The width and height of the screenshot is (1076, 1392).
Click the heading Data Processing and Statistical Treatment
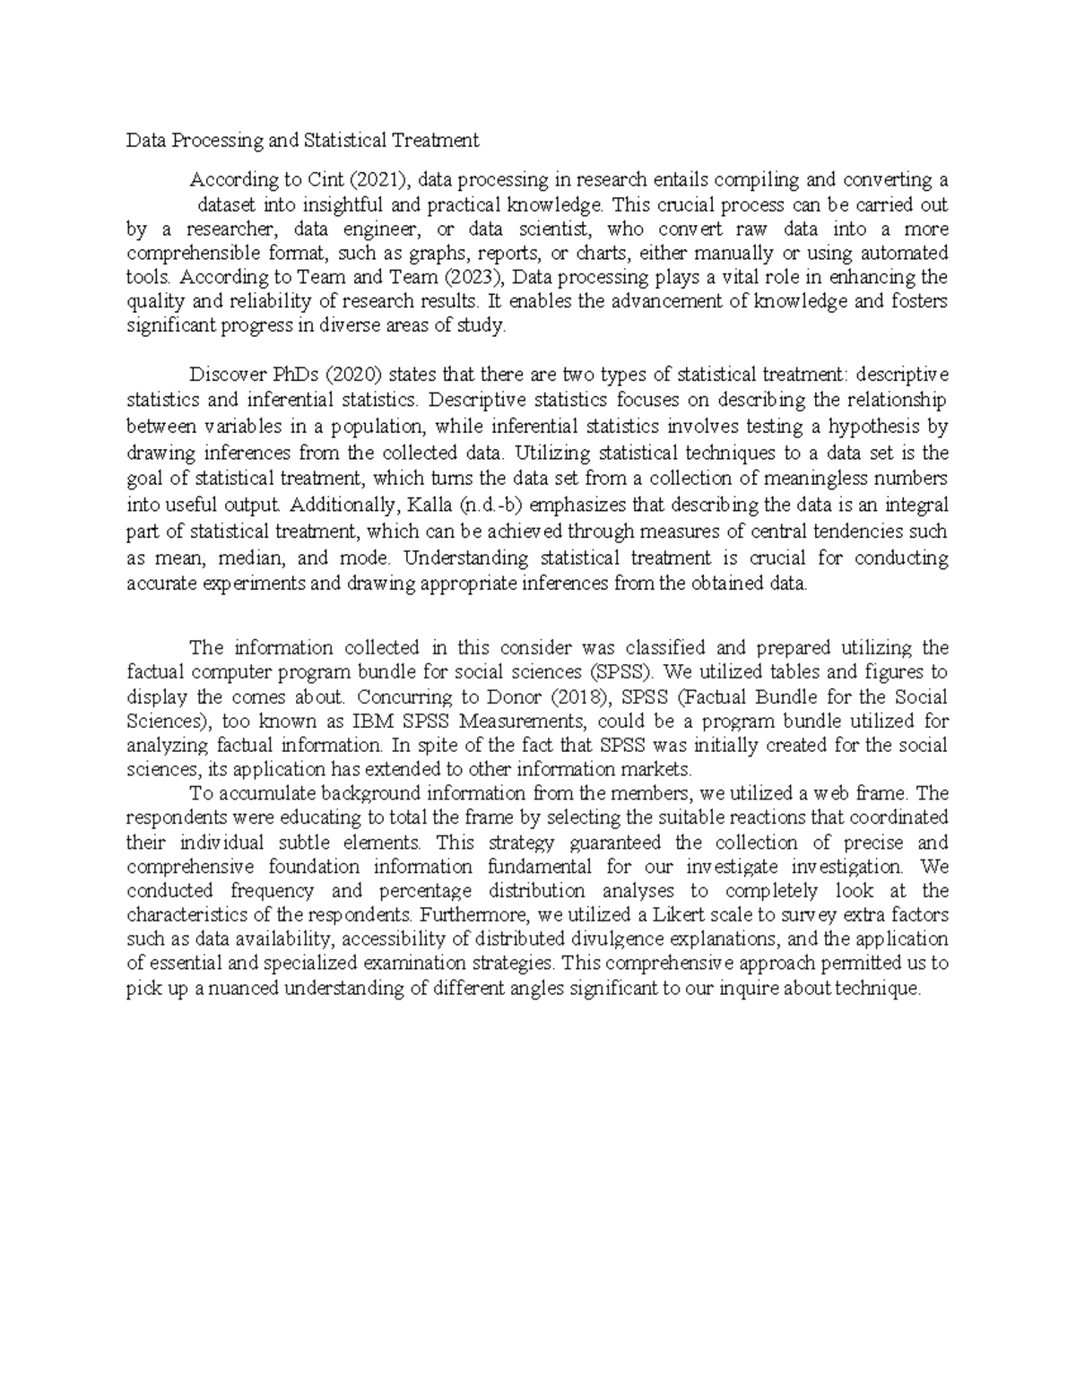[302, 141]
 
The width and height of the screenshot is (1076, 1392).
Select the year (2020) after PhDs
[322, 374]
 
